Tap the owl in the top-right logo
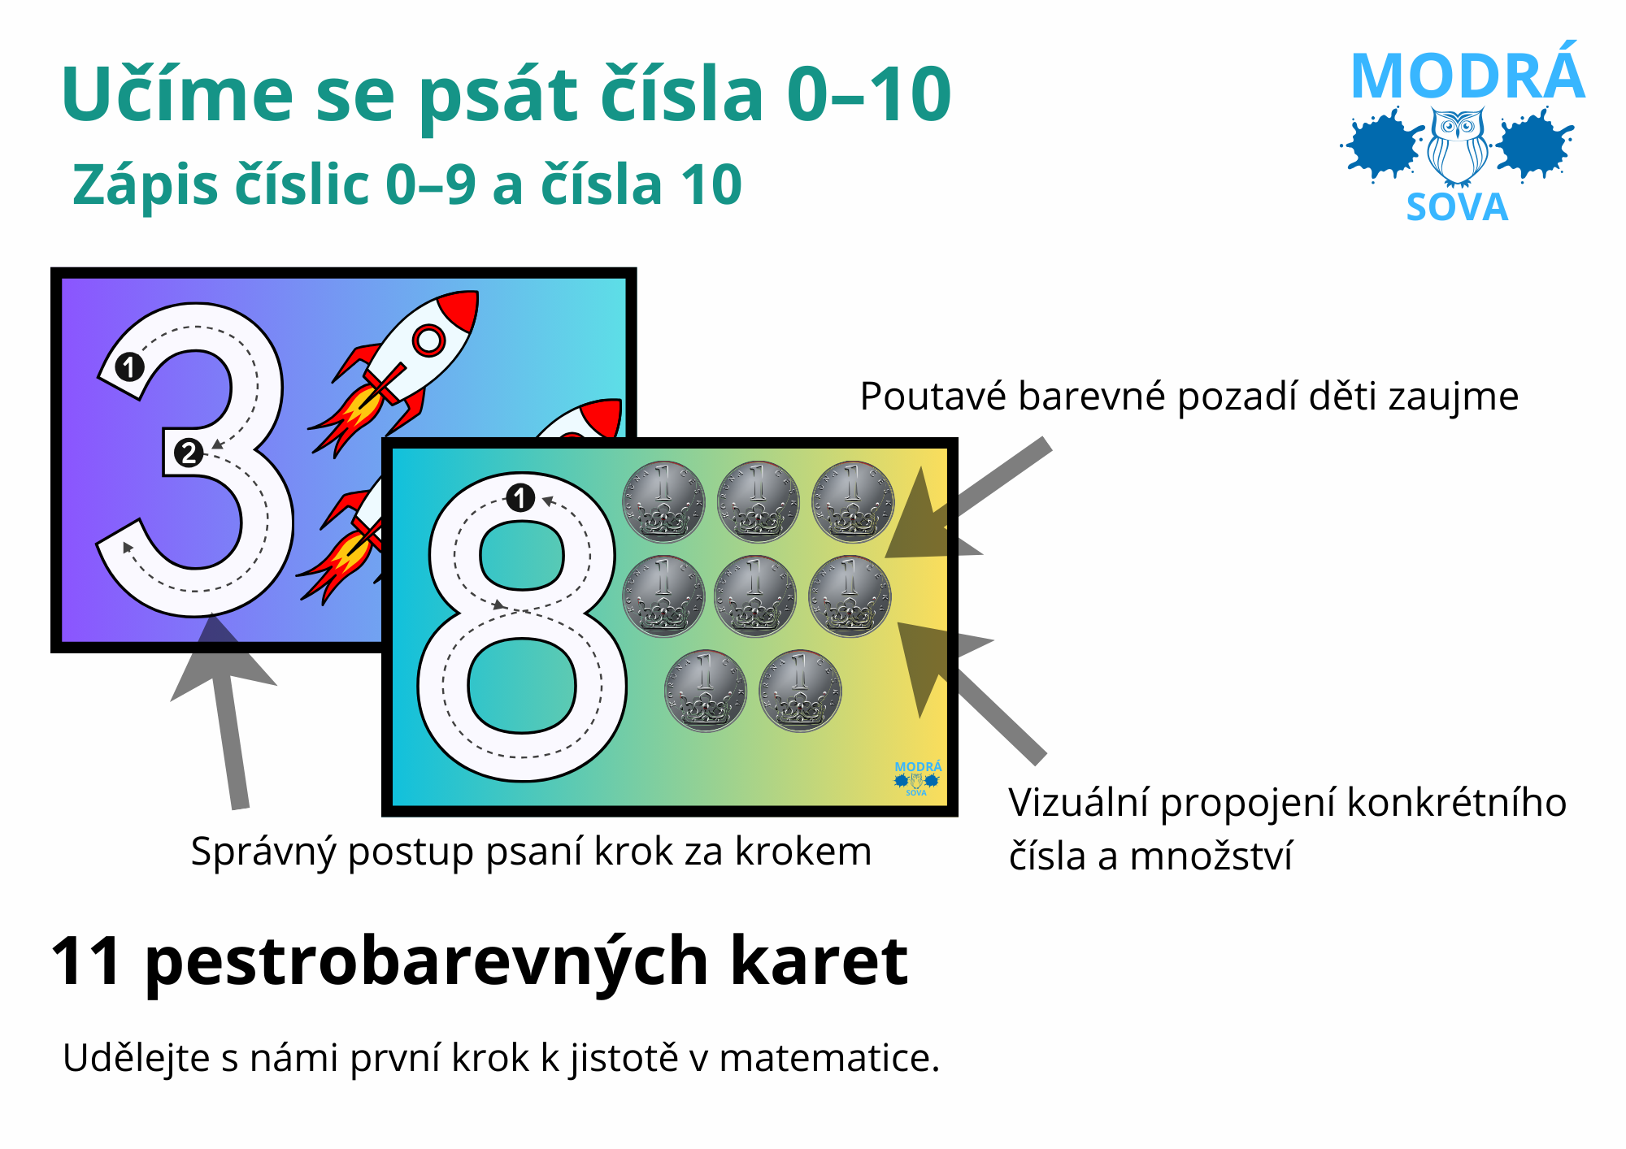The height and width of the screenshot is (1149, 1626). coord(1459,147)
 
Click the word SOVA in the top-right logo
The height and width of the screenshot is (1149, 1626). coord(1458,208)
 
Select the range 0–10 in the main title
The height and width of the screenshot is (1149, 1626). coord(869,95)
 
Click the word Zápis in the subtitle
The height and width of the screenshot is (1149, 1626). coord(146,186)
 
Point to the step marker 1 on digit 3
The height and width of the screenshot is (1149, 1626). coord(129,367)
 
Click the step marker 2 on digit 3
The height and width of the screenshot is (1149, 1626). coord(189,453)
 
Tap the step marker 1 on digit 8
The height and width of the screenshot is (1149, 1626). coord(520,497)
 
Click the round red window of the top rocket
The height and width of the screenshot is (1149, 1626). coord(428,340)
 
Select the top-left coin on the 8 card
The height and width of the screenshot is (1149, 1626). coord(663,501)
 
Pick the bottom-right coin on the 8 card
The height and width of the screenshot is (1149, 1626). coord(800,691)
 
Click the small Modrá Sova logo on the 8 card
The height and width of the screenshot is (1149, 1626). coord(918,778)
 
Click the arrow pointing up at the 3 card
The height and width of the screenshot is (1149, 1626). coord(224,711)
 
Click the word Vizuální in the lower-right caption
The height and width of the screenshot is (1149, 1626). coord(1078,804)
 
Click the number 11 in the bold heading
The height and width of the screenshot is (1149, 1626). coord(87,961)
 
